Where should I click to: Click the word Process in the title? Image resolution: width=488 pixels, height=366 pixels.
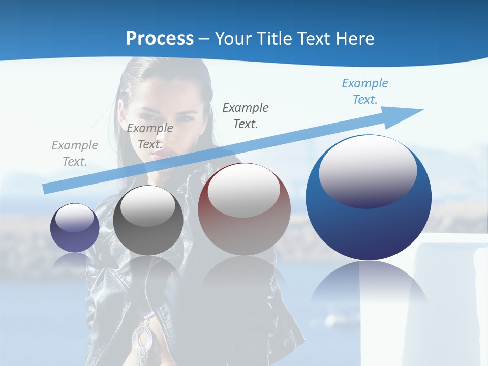(x=160, y=39)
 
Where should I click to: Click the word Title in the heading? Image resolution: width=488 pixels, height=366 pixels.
(x=274, y=39)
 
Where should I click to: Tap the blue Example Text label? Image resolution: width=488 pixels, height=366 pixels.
(x=365, y=91)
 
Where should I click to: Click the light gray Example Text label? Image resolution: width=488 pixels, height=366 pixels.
(x=75, y=154)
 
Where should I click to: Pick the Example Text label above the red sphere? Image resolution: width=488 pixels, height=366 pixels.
(x=246, y=115)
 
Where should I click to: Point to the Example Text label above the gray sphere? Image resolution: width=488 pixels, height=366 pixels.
(x=150, y=136)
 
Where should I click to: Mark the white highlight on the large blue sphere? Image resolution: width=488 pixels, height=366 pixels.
(x=368, y=170)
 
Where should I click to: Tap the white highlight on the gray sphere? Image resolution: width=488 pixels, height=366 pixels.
(x=148, y=206)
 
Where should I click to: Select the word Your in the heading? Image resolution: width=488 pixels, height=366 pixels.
(x=234, y=39)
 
